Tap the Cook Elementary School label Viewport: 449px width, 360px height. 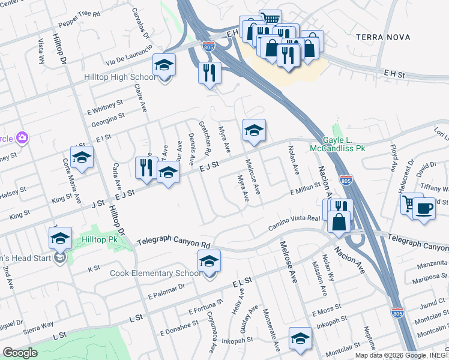coord(155,274)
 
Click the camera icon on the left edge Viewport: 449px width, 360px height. coord(22,139)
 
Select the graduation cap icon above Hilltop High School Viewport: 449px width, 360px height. coord(164,65)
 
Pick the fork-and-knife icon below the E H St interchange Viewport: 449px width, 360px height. coord(209,73)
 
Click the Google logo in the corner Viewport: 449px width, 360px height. coord(20,353)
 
